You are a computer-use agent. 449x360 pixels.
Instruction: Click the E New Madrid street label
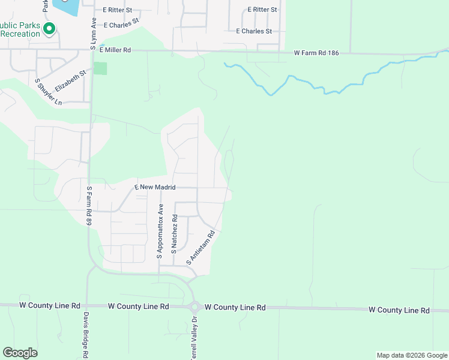coord(155,187)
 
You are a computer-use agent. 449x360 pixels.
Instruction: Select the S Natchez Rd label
coord(174,234)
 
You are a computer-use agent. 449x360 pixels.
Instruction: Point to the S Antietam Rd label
coord(200,248)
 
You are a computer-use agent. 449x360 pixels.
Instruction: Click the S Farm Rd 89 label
coord(89,205)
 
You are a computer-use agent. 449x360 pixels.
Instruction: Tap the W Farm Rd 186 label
coord(316,53)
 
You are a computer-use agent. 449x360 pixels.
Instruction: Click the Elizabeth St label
coord(70,79)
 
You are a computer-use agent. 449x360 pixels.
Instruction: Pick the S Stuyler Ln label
coord(48,92)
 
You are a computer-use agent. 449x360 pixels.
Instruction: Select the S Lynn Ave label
coord(93,34)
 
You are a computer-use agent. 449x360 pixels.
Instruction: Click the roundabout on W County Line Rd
coord(194,307)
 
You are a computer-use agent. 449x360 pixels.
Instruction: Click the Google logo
coord(20,353)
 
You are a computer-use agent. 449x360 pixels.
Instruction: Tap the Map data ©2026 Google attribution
coord(411,355)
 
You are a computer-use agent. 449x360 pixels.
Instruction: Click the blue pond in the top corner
coord(67,7)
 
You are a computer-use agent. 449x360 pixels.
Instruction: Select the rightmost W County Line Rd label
coord(399,310)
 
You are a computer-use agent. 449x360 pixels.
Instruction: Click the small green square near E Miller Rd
coord(100,68)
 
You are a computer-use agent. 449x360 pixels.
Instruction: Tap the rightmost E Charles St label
coord(254,31)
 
